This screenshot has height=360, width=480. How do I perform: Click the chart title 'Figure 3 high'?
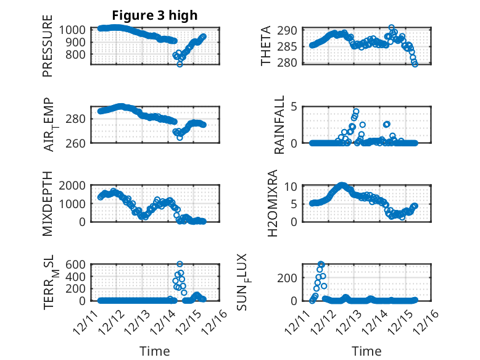pyautogui.click(x=154, y=15)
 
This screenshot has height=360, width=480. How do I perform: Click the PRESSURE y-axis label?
pyautogui.click(x=48, y=46)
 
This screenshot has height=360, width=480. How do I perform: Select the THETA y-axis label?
pyautogui.click(x=266, y=46)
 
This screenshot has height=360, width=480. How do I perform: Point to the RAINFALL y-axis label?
pyautogui.click(x=279, y=125)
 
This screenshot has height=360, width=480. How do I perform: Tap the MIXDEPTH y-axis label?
pyautogui.click(x=48, y=204)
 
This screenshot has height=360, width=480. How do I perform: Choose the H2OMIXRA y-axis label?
pyautogui.click(x=279, y=204)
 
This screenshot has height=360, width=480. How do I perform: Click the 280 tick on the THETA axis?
pyautogui.click(x=291, y=62)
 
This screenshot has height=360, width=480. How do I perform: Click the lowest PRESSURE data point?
pyautogui.click(x=180, y=64)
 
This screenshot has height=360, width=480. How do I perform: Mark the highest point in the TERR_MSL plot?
pyautogui.click(x=180, y=264)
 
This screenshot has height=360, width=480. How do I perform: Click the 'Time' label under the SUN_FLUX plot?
pyautogui.click(x=366, y=351)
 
